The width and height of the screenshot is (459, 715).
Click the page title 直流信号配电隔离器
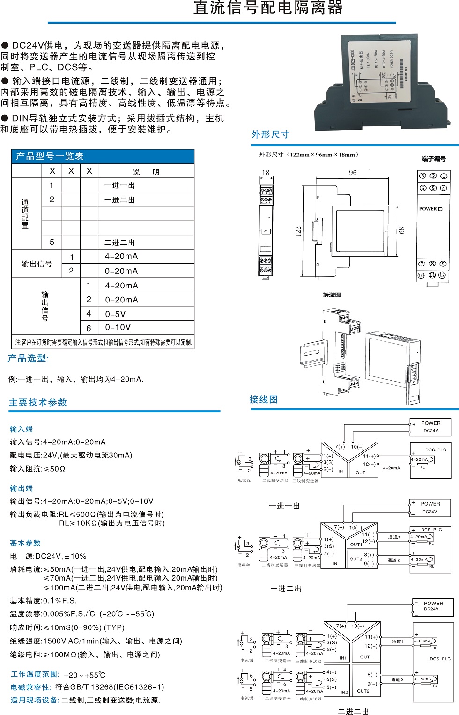point(268,8)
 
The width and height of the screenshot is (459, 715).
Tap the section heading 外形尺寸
point(270,135)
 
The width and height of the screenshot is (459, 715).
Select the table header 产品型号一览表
point(50,156)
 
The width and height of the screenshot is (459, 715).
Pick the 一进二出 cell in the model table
point(119,200)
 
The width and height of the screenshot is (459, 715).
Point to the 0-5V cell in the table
point(115,314)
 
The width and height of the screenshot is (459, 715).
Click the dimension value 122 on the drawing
point(298,232)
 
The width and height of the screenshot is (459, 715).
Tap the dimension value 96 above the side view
point(353,173)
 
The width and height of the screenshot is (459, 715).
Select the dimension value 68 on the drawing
point(401,230)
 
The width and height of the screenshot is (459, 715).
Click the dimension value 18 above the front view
point(266,173)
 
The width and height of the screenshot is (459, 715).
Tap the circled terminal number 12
point(442,275)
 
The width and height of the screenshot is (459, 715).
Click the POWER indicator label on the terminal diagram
point(430,209)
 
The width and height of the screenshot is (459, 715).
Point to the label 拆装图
point(332,295)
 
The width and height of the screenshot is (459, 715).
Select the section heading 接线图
point(264,399)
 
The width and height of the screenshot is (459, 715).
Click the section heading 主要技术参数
point(38,403)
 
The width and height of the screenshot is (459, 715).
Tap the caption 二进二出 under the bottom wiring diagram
point(353,711)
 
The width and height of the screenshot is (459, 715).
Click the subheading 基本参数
point(25,543)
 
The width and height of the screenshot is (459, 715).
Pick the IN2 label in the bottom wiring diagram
point(344,692)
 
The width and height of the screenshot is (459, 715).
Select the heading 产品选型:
point(28,359)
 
